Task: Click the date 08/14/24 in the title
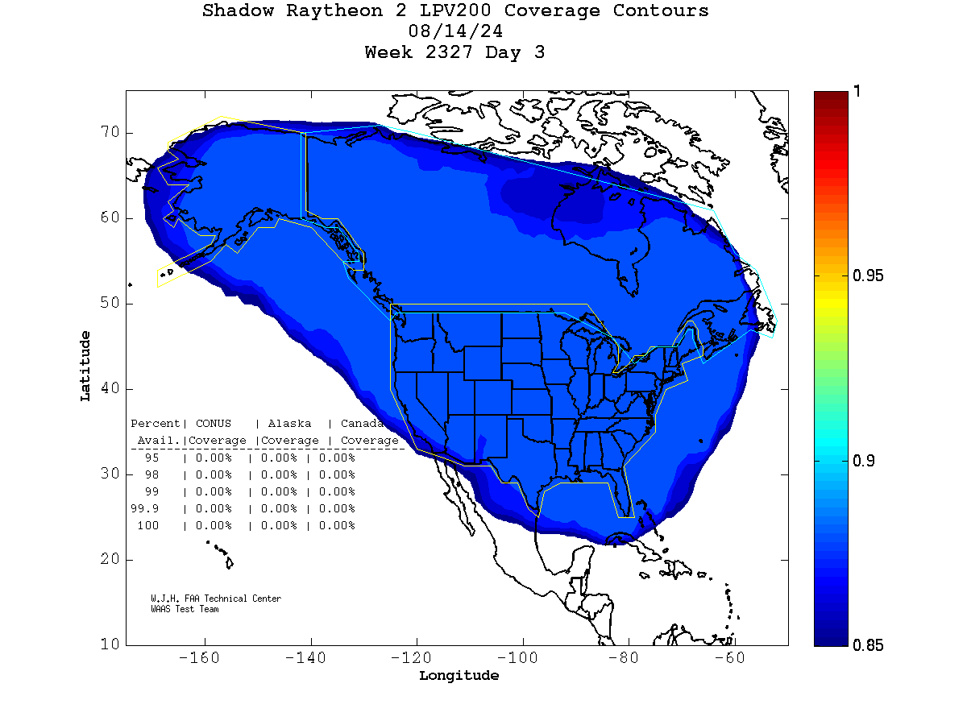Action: pyautogui.click(x=456, y=31)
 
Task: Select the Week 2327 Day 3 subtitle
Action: pyautogui.click(x=455, y=52)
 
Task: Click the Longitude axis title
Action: pyautogui.click(x=459, y=676)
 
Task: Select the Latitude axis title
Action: pyautogui.click(x=85, y=366)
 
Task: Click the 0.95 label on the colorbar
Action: pyautogui.click(x=868, y=276)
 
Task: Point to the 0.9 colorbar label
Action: pyautogui.click(x=863, y=461)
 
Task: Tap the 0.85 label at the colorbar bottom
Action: pyautogui.click(x=868, y=645)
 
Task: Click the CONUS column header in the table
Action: pyautogui.click(x=213, y=424)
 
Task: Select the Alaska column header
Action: pyautogui.click(x=289, y=424)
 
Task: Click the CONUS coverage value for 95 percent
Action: pyautogui.click(x=213, y=458)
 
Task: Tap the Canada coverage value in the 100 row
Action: pyautogui.click(x=336, y=526)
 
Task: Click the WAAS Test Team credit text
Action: pyautogui.click(x=185, y=609)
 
